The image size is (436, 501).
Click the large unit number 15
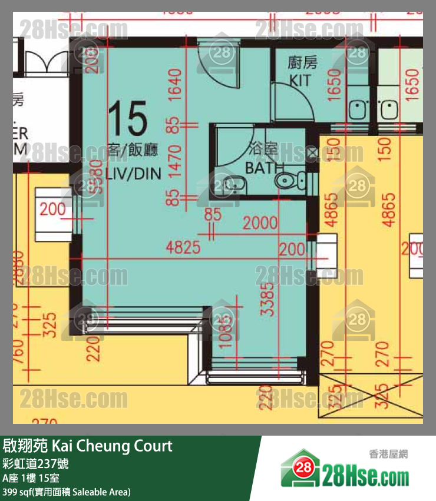(128, 120)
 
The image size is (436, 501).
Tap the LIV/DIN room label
(134, 173)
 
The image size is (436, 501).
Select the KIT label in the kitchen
(299, 80)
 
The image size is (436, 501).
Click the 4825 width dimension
(184, 247)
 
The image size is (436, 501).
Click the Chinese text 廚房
(299, 62)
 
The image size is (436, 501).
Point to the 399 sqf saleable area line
(67, 492)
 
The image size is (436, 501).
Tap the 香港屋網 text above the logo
(389, 454)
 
